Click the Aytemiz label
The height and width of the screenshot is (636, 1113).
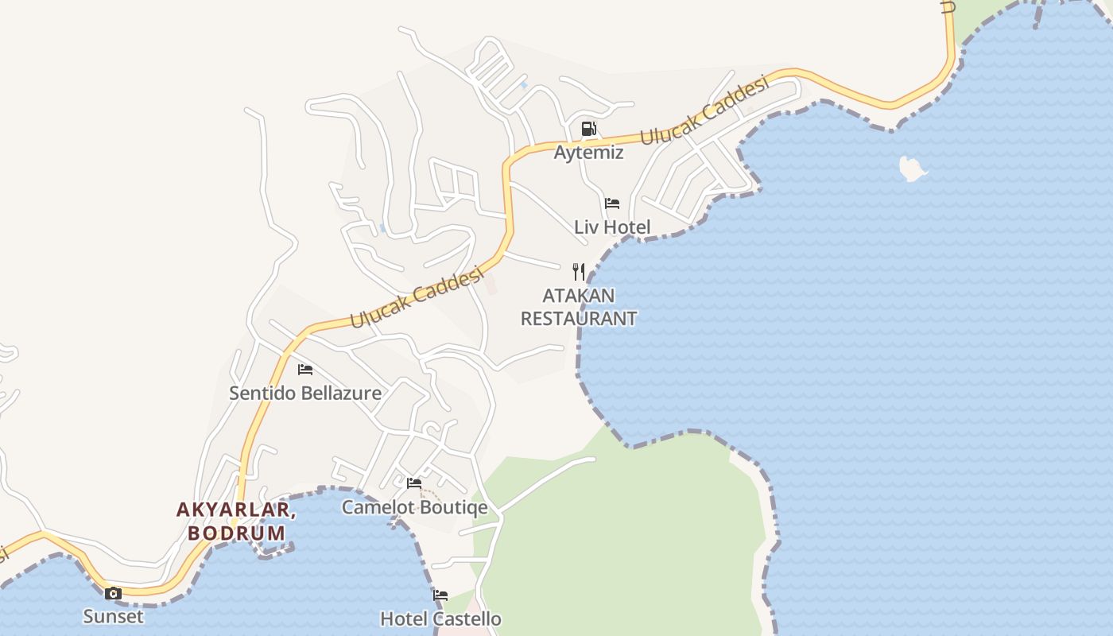tap(588, 153)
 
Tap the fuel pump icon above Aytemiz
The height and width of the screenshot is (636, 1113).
tap(588, 129)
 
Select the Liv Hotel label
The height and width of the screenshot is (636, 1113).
tap(612, 227)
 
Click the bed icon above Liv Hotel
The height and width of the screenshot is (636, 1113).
tap(611, 204)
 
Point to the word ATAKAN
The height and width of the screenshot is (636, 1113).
tap(578, 296)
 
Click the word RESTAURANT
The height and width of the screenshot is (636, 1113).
tap(578, 319)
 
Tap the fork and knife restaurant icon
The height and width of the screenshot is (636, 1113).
tap(579, 272)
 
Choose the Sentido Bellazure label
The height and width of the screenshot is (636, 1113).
tap(305, 394)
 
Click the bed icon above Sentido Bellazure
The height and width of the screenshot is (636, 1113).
tap(305, 370)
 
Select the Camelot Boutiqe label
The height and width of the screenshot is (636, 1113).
tap(414, 507)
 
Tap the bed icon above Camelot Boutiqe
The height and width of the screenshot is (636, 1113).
tap(414, 483)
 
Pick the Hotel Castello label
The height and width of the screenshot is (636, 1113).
tap(440, 619)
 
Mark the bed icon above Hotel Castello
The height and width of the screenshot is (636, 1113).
tap(440, 595)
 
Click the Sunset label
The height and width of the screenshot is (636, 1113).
tap(114, 616)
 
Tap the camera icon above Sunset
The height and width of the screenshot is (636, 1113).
tap(114, 593)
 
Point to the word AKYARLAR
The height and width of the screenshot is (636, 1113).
tap(235, 510)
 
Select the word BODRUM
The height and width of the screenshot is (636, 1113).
tap(236, 533)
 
